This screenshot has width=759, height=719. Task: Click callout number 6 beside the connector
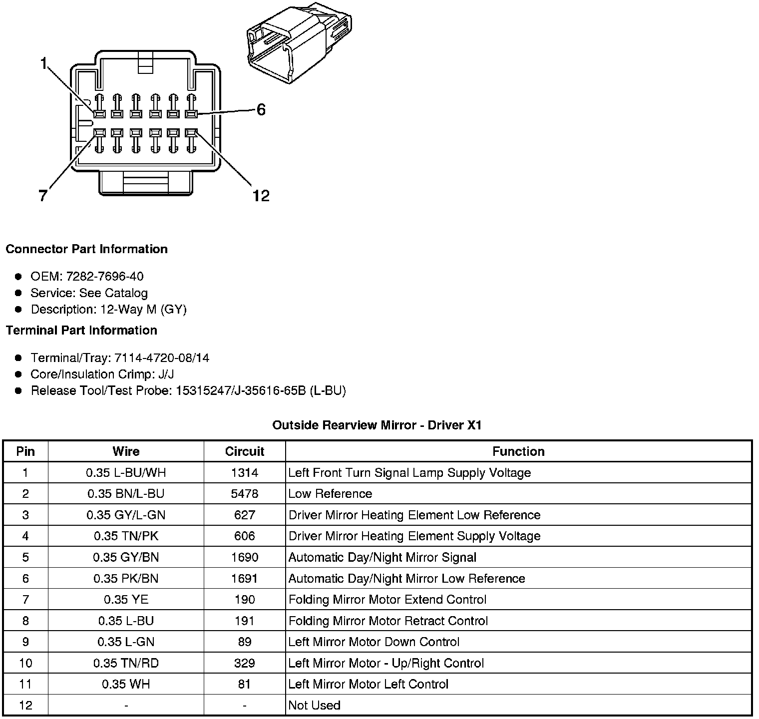pos(261,109)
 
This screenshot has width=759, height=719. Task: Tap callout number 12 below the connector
pos(261,196)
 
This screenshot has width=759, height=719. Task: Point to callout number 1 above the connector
pos(44,63)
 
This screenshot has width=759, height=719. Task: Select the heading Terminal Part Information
pos(81,330)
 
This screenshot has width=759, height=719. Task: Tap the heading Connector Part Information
pos(86,249)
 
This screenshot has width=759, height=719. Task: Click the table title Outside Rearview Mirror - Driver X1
pos(377,425)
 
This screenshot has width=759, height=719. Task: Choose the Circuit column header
pos(244,451)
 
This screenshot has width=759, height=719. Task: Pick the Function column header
pos(518,451)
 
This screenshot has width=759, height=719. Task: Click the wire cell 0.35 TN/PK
pos(126,536)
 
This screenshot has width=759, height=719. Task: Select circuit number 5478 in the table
pos(244,494)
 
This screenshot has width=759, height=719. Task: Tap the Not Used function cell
pos(315,705)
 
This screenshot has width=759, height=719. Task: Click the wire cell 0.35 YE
pos(126,599)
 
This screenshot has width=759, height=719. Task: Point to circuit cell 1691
pos(244,578)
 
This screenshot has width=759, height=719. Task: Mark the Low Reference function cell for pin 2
pos(330,494)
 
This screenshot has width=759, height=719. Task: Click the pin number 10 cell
pos(25,663)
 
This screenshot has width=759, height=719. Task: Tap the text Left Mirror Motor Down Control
pos(374,642)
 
